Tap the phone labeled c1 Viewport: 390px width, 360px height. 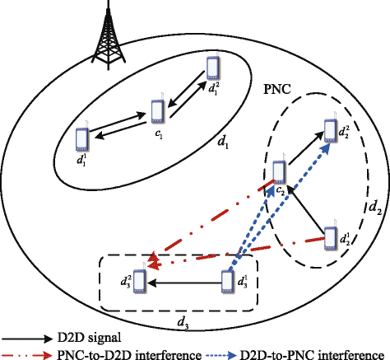(158, 110)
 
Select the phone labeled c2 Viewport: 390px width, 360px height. (279, 171)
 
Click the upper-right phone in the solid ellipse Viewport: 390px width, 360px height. (213, 68)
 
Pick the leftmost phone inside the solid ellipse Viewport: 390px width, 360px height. (82, 138)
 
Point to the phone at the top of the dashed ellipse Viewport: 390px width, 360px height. (331, 130)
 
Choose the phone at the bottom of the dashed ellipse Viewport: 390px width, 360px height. (331, 238)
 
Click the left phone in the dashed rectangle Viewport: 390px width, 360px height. (140, 281)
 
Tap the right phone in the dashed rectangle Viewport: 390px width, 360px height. (228, 282)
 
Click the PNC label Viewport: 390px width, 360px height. (277, 89)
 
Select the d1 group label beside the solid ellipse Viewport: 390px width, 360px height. (223, 142)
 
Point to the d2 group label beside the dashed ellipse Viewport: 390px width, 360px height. (375, 208)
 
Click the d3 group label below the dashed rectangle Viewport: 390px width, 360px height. (183, 322)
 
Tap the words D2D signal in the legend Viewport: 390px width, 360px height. (89, 338)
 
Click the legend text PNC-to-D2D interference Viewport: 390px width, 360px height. (129, 354)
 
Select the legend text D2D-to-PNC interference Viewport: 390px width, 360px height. (312, 354)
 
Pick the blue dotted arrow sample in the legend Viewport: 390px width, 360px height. (221, 355)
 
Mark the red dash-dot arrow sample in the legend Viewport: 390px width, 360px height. (26, 355)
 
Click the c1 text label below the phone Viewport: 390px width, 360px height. (159, 133)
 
